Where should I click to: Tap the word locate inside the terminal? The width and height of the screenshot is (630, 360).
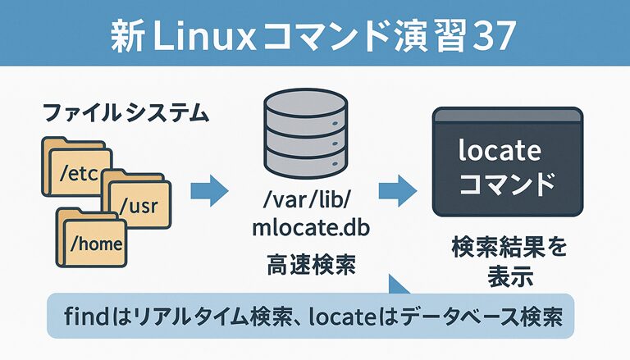point(500,151)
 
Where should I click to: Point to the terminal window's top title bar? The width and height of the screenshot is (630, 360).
point(506,116)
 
